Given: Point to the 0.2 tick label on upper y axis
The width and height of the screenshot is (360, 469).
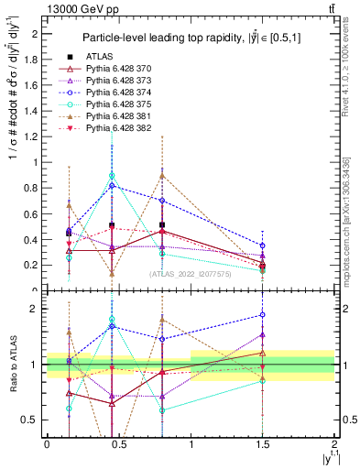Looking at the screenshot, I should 31,266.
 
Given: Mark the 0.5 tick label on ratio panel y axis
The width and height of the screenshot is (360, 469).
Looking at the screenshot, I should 31,420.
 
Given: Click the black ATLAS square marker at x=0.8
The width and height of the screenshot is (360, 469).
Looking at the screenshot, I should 162,224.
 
